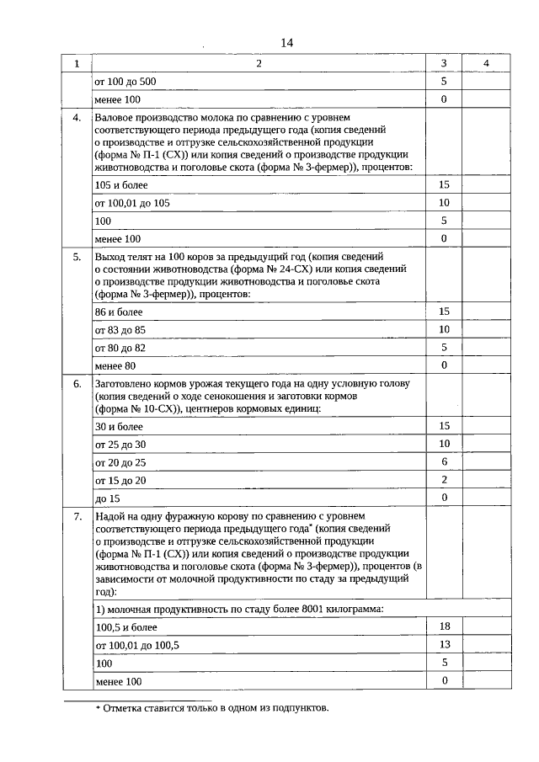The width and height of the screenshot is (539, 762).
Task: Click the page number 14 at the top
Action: click(x=286, y=44)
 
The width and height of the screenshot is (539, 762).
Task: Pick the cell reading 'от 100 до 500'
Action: click(x=125, y=82)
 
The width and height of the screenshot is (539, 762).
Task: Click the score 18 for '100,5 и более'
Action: click(x=444, y=626)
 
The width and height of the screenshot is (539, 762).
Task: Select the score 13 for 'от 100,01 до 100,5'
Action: click(x=444, y=644)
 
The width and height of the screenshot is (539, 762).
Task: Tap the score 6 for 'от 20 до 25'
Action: click(x=444, y=461)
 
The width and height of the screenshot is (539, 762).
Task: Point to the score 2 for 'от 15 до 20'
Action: click(x=444, y=479)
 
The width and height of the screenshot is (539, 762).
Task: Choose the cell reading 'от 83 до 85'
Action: click(x=120, y=329)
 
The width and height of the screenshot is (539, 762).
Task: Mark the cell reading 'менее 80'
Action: click(x=115, y=366)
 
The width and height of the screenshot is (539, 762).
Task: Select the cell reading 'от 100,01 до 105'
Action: click(x=132, y=203)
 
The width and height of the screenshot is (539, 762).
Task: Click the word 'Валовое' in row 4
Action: click(x=115, y=119)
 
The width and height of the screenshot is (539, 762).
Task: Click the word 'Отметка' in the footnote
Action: click(x=124, y=707)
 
